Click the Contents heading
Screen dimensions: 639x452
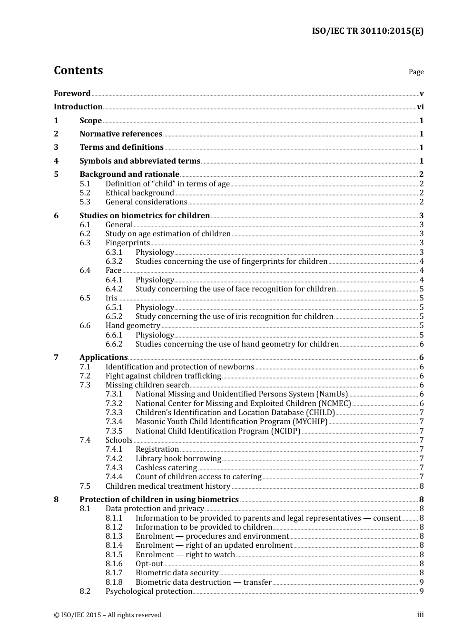(x=78, y=70)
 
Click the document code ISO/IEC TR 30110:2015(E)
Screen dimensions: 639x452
(x=367, y=31)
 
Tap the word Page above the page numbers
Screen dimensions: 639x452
(x=416, y=72)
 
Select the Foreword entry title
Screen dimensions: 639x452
(x=72, y=93)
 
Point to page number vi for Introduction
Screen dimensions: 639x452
(x=420, y=107)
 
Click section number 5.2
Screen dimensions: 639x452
(x=85, y=193)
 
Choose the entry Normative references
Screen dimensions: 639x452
(x=121, y=134)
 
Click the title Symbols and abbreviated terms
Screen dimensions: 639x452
(x=140, y=161)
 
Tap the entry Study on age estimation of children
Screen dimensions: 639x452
(x=168, y=234)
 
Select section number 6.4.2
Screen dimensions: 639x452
(x=114, y=289)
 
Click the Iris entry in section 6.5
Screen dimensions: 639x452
(x=111, y=298)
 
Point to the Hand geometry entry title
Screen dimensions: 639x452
(x=133, y=326)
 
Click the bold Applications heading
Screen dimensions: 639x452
(x=103, y=358)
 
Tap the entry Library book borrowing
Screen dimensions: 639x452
(x=178, y=459)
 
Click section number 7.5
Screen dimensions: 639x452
(x=85, y=486)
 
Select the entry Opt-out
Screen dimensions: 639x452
(x=149, y=564)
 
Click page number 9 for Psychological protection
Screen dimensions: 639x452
(x=422, y=591)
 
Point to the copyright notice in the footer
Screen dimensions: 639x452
(x=108, y=615)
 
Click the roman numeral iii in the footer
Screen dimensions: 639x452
(x=420, y=615)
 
